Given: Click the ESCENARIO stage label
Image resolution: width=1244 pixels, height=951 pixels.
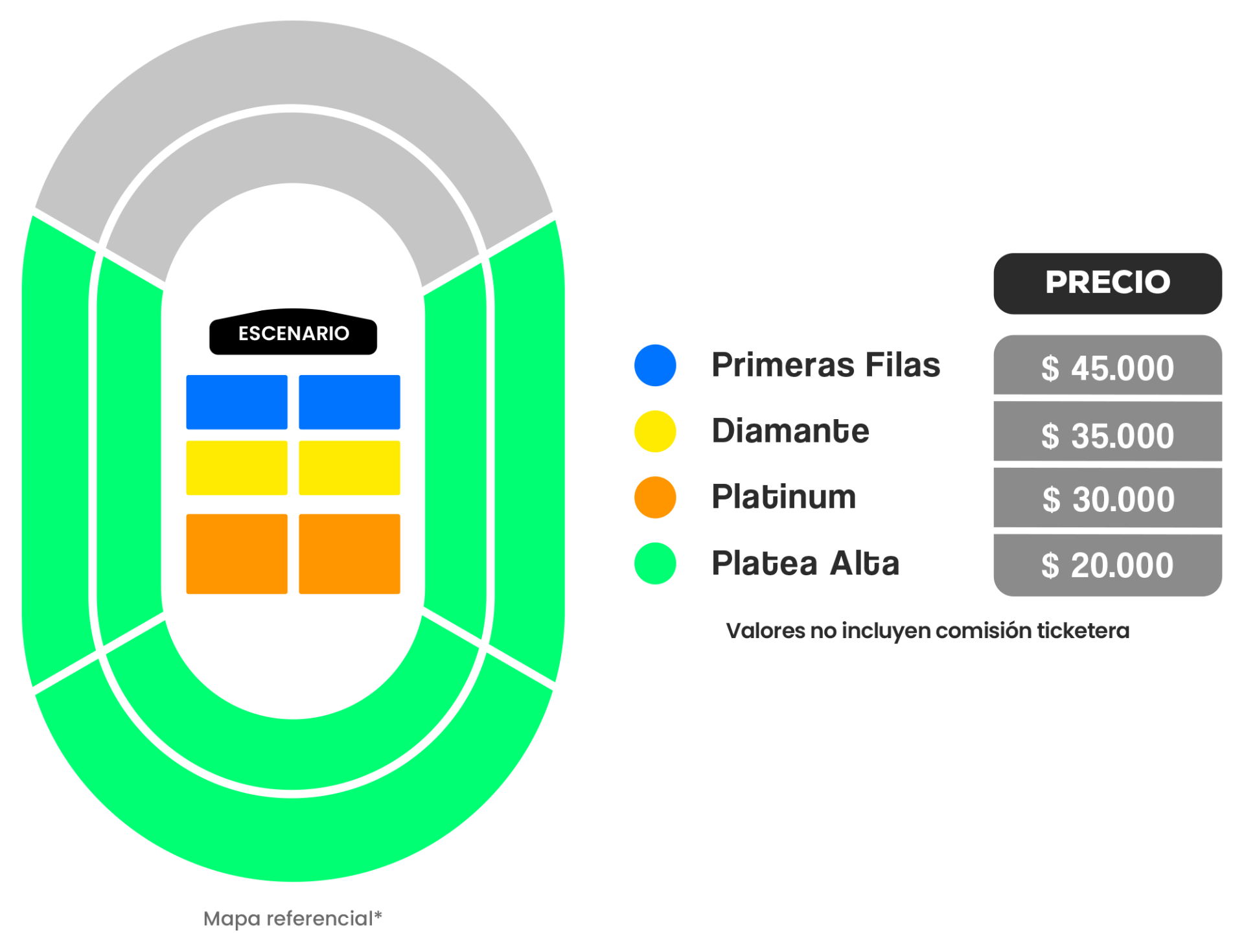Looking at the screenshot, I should coord(294,333).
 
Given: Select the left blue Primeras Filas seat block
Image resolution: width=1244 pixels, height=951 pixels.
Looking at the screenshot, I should coord(237,402).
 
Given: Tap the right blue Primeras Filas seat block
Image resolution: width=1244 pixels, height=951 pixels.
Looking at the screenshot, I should coord(349,402).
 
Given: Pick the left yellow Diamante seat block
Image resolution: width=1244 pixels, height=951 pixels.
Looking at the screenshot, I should coord(237,468).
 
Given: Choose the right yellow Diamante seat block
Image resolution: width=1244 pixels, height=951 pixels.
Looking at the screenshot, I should coord(349,468).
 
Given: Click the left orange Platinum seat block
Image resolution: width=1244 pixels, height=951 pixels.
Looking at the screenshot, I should coord(237,554).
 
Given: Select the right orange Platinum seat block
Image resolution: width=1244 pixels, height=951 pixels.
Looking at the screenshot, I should coord(349,554).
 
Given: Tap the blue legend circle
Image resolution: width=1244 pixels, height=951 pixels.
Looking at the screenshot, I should coord(655,365).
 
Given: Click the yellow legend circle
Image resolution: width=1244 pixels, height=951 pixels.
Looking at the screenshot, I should coord(655,431).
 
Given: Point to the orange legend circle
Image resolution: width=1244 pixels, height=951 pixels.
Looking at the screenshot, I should coord(655,498).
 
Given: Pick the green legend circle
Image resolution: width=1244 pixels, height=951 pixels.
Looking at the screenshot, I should coord(655,564).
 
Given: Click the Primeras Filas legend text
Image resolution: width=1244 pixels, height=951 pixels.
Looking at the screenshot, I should coord(825,365).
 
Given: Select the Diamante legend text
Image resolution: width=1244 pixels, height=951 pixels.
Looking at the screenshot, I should coord(790,431).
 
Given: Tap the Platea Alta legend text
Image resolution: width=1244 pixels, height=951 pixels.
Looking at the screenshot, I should coord(805,563).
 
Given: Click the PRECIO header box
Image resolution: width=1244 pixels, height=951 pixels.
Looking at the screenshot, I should coord(1107,283).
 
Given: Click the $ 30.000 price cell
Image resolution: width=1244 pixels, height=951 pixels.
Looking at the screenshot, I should coord(1107,498).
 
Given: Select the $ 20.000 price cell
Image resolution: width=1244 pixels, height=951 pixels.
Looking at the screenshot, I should coord(1107,565).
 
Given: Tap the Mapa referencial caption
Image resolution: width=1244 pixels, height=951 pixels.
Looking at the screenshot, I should coord(293,918).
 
